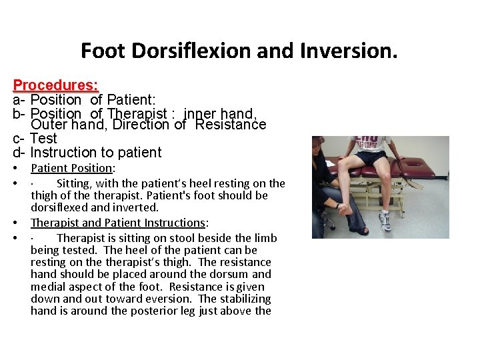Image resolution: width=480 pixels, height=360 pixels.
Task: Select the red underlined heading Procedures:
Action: pyautogui.click(x=56, y=85)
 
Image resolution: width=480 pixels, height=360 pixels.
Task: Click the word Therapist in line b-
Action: pyautogui.click(x=139, y=114)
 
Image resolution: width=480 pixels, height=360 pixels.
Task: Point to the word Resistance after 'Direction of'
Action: pyautogui.click(x=230, y=125)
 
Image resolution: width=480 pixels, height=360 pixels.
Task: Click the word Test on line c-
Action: pyautogui.click(x=44, y=139)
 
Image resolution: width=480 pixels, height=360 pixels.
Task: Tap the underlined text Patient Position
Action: pyautogui.click(x=72, y=169)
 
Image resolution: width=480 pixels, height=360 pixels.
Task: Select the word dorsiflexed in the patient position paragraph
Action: pyautogui.click(x=62, y=207)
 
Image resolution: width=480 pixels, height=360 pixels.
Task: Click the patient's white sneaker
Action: pyautogui.click(x=385, y=219)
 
